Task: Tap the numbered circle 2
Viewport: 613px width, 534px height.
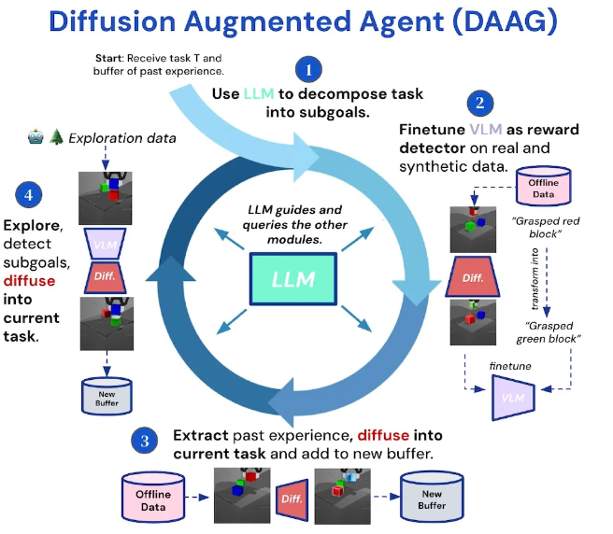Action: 479,104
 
